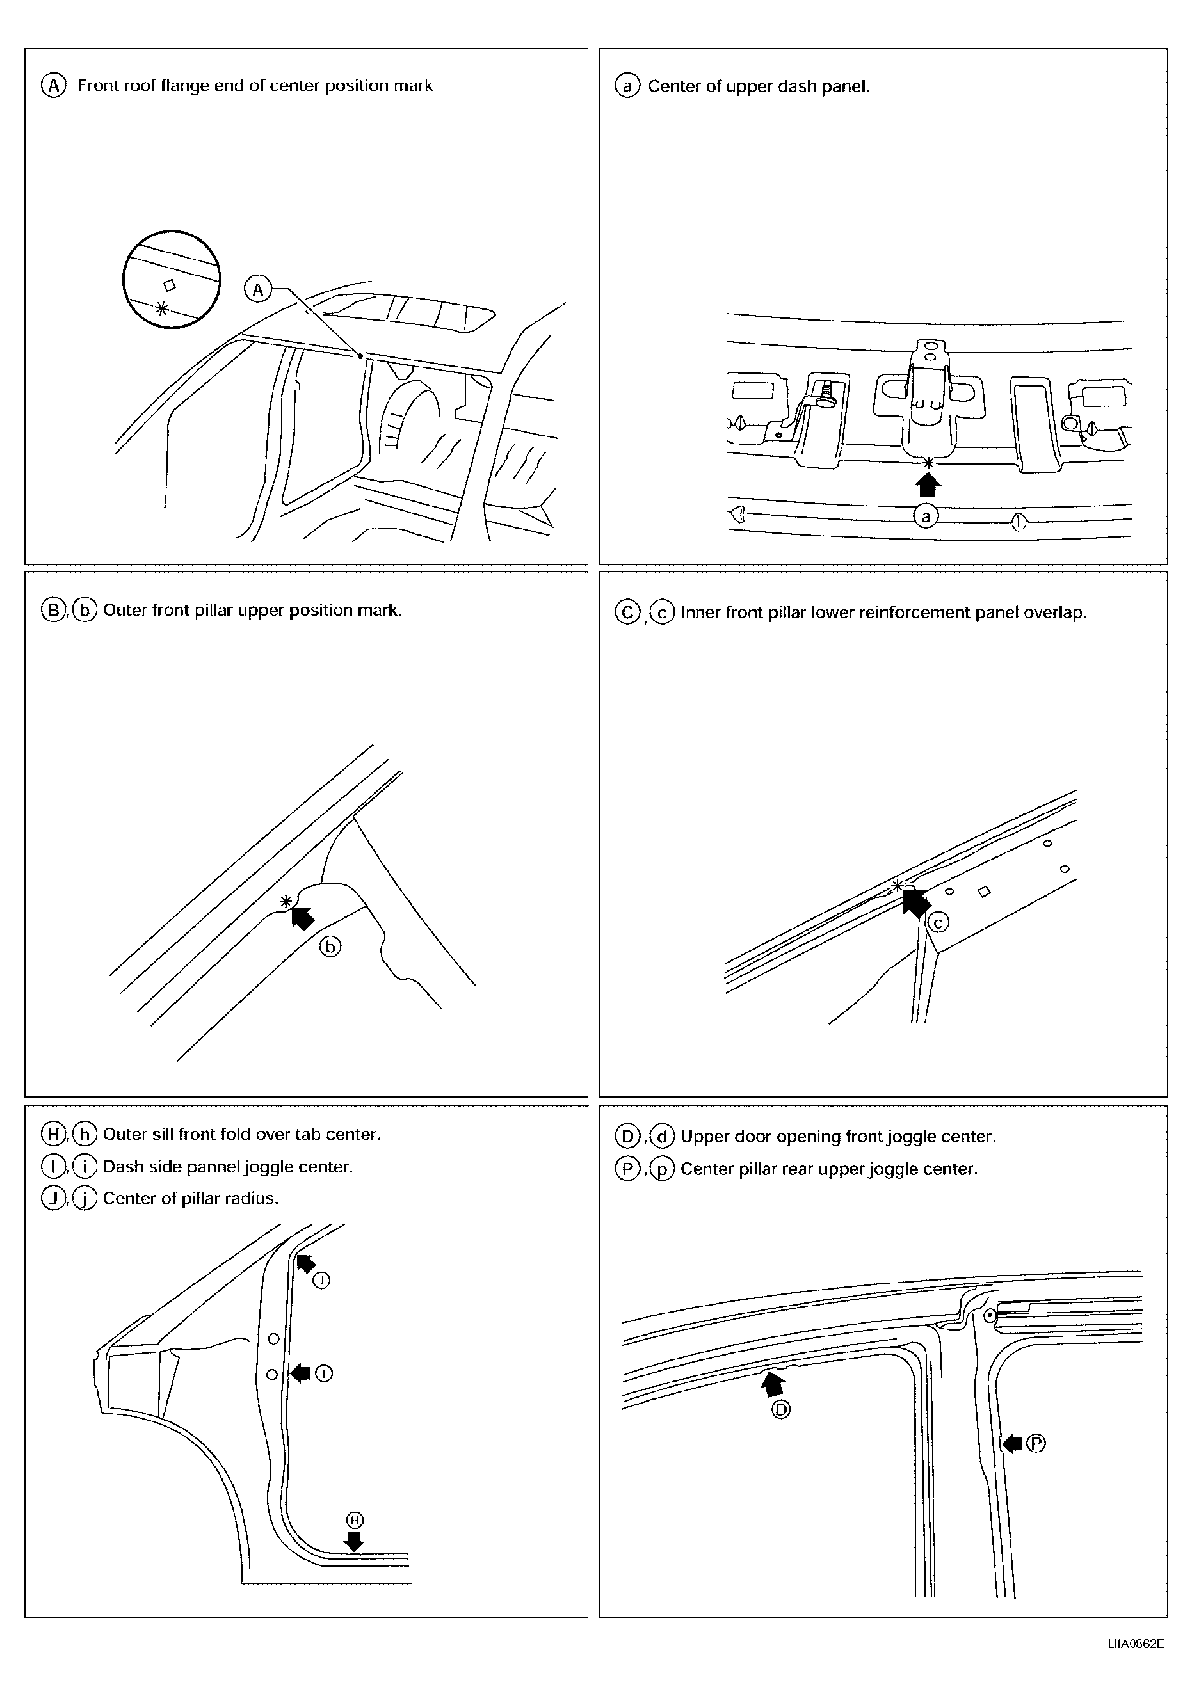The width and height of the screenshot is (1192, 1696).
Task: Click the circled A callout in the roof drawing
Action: click(258, 289)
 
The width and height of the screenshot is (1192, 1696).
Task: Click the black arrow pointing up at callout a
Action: click(928, 484)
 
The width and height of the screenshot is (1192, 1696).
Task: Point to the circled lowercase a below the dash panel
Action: click(925, 516)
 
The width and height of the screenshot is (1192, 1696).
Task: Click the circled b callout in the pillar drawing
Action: click(330, 947)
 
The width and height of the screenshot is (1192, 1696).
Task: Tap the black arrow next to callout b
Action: click(302, 916)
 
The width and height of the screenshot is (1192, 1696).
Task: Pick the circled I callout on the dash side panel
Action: click(324, 1373)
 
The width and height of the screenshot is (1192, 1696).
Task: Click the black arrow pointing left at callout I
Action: click(300, 1373)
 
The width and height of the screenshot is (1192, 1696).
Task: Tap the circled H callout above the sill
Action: click(355, 1519)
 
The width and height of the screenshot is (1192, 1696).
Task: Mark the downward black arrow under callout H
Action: click(355, 1541)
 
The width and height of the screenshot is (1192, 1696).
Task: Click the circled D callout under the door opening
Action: click(781, 1410)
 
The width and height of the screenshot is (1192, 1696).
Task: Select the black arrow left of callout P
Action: click(1011, 1443)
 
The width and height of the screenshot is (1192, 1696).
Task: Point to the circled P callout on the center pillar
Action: click(1036, 1443)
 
